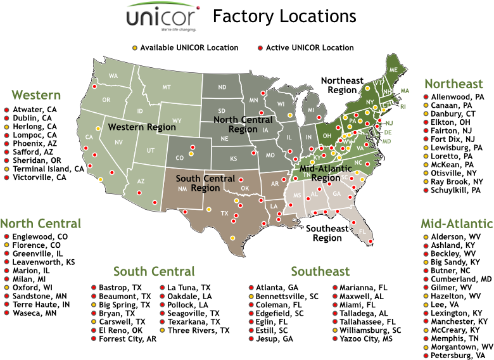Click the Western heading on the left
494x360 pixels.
[36, 95]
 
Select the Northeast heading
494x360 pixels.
[453, 84]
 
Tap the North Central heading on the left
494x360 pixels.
[41, 223]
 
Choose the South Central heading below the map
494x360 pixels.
[154, 271]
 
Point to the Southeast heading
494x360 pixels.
[320, 271]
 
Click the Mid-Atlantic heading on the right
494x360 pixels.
[457, 223]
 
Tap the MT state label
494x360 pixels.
[167, 87]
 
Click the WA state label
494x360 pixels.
[113, 76]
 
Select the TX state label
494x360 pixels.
[224, 214]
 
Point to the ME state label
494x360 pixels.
[393, 68]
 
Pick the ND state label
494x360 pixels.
[222, 87]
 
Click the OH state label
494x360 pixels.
[327, 136]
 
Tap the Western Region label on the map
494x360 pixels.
[142, 127]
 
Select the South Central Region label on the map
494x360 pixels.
[205, 183]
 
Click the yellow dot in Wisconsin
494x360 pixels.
[289, 115]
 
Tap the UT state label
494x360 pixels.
[150, 150]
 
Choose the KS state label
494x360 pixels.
[234, 158]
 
